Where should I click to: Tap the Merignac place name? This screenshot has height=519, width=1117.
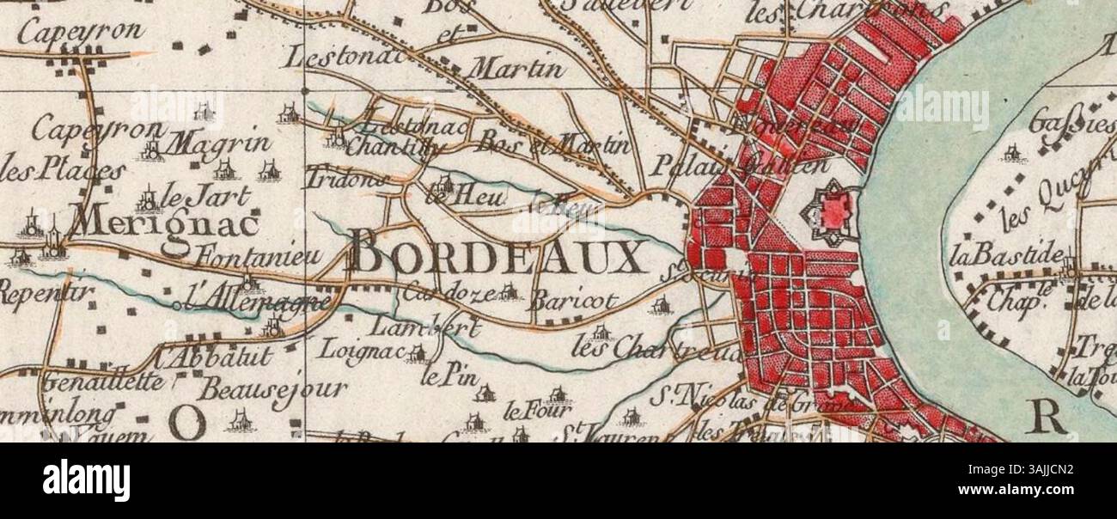pyautogui.click(x=163, y=223)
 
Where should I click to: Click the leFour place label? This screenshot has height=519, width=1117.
pyautogui.click(x=525, y=409)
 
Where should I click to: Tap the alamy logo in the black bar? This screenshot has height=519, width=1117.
pyautogui.click(x=86, y=480)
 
